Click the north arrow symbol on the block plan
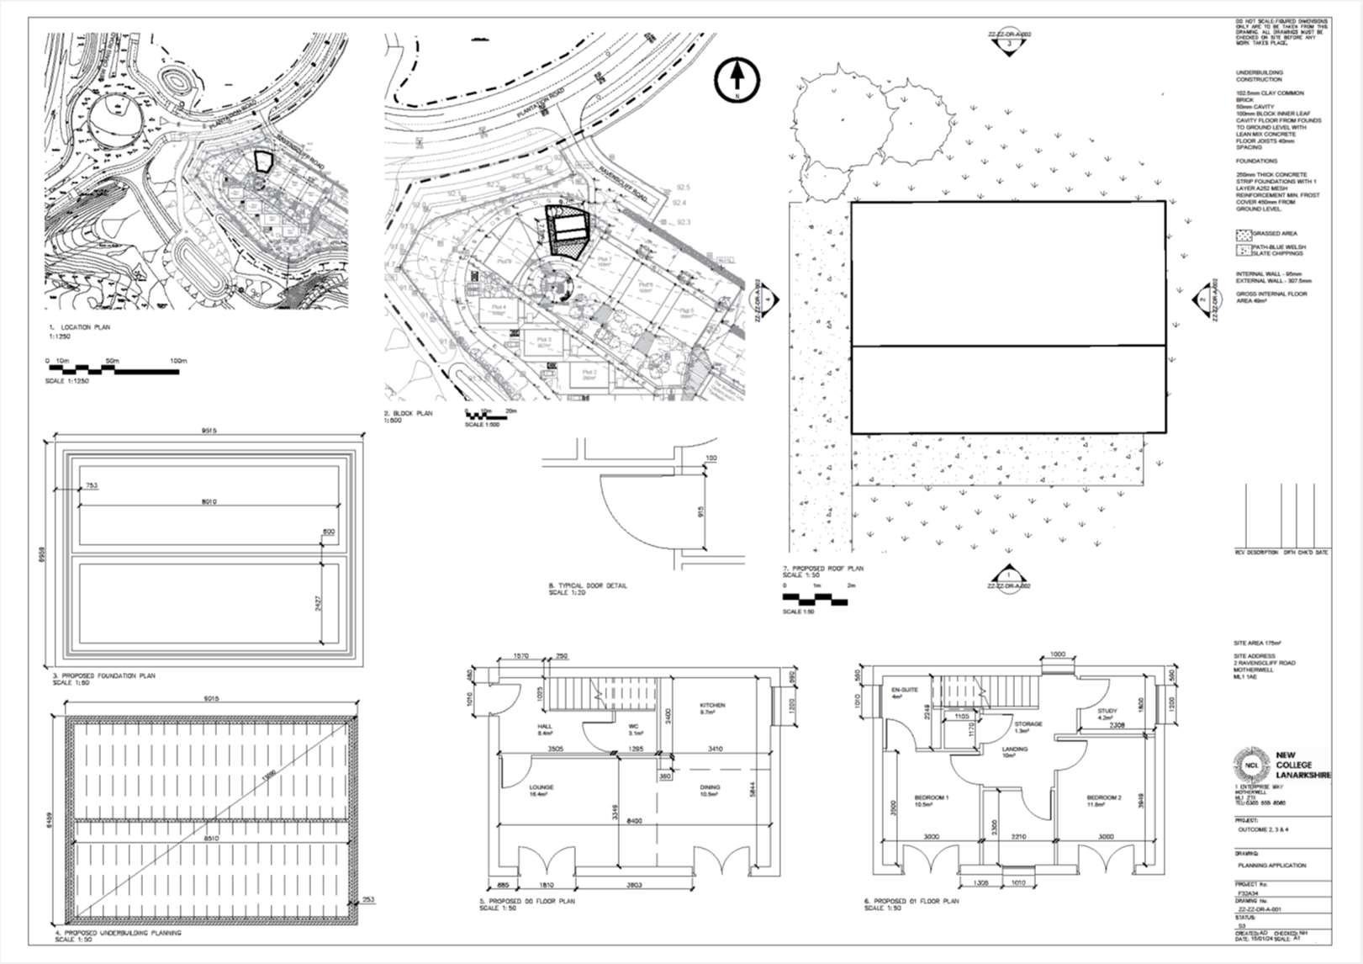pyautogui.click(x=737, y=79)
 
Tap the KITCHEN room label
pyautogui.click(x=712, y=705)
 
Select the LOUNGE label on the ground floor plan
pyautogui.click(x=541, y=787)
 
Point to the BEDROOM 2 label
pyautogui.click(x=1104, y=797)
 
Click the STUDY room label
pyautogui.click(x=1107, y=711)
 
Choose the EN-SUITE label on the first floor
pyautogui.click(x=903, y=690)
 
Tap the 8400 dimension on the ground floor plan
pyautogui.click(x=633, y=820)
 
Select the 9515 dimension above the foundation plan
pyautogui.click(x=209, y=431)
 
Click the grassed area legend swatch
pyautogui.click(x=1243, y=234)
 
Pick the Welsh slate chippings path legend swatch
pyautogui.click(x=1243, y=250)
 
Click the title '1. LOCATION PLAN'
pyautogui.click(x=79, y=327)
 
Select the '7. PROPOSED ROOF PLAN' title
pyautogui.click(x=821, y=569)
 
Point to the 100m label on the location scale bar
pyautogui.click(x=177, y=361)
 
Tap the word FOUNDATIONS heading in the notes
pyautogui.click(x=1256, y=161)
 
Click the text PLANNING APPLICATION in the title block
pyautogui.click(x=1271, y=865)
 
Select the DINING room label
pyautogui.click(x=711, y=787)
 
